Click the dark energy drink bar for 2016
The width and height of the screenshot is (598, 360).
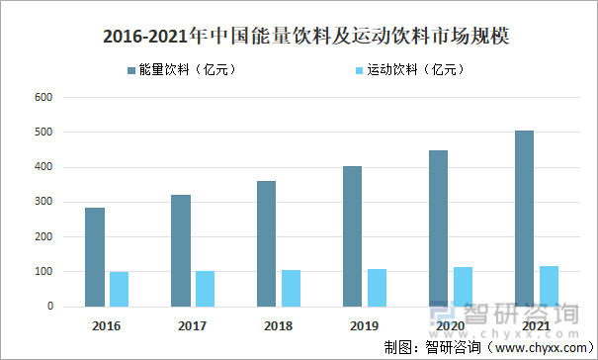[95, 257]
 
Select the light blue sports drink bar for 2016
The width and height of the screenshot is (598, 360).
[119, 289]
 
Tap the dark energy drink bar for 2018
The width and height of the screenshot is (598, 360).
[266, 243]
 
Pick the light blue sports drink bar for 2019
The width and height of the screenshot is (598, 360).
[377, 287]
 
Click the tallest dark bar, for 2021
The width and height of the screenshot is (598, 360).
[524, 219]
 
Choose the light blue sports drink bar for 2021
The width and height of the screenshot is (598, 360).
[549, 286]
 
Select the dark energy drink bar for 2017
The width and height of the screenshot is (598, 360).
[180, 250]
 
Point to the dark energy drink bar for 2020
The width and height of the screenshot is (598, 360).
[438, 228]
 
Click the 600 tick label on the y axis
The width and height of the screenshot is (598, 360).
[43, 98]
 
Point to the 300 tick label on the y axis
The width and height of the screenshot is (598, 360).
[43, 202]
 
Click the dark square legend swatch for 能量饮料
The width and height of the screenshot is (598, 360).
[131, 70]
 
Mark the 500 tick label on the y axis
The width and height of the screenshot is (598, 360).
[43, 133]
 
